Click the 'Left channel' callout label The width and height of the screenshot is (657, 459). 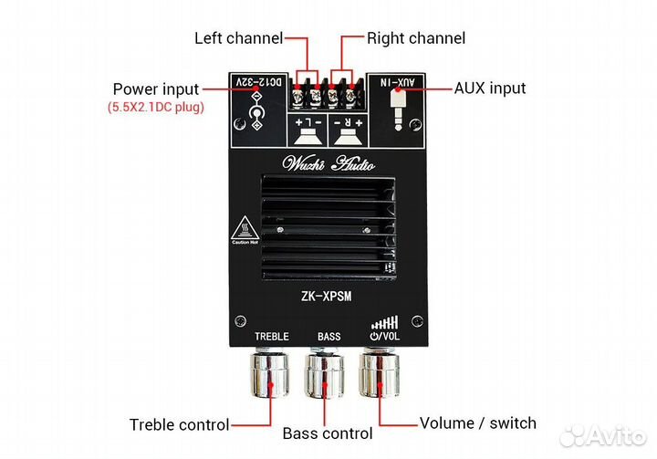(237, 38)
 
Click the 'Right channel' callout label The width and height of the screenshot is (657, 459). (416, 38)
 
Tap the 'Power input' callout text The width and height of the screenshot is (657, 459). (155, 89)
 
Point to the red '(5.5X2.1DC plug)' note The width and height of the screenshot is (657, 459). (155, 108)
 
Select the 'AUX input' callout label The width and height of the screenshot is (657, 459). (490, 89)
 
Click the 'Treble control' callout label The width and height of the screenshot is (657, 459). (179, 424)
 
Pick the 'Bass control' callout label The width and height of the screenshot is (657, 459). (328, 433)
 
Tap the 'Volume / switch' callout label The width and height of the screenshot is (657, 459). (477, 423)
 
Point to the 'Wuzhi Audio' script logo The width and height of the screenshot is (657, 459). (328, 165)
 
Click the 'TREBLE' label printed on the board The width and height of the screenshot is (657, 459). (271, 337)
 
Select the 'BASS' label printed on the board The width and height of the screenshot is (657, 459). (328, 337)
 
